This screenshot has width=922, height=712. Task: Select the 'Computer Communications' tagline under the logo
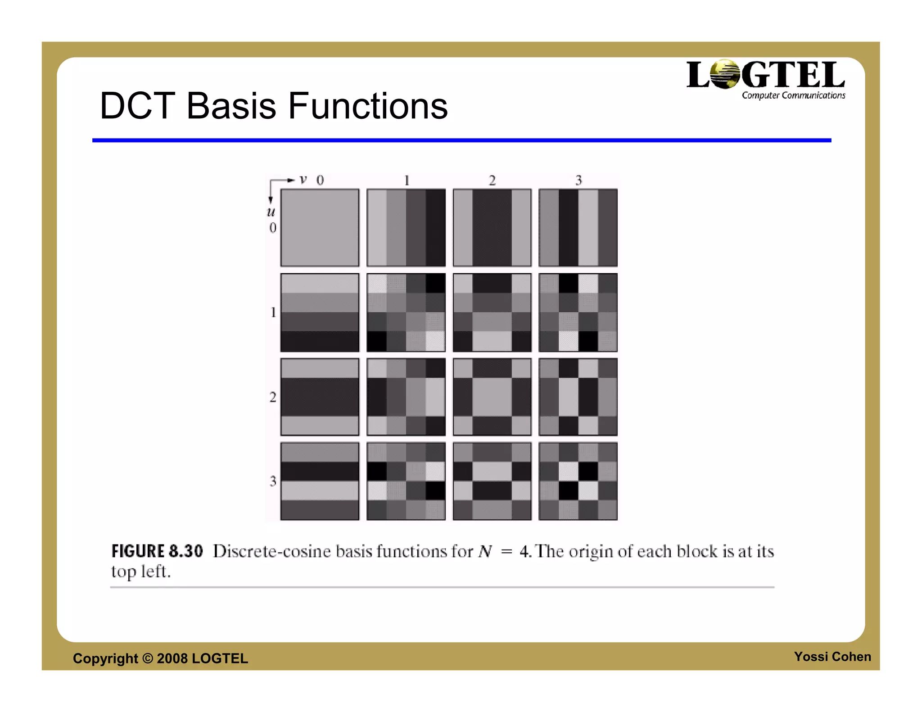tap(793, 95)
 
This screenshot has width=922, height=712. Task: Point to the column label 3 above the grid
tap(579, 180)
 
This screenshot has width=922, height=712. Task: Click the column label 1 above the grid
tap(407, 180)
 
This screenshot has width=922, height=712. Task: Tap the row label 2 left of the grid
tap(273, 397)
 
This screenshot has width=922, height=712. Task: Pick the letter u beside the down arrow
tap(271, 212)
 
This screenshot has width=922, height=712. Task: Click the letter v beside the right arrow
tap(303, 180)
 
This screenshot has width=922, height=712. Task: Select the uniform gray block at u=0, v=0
tap(320, 228)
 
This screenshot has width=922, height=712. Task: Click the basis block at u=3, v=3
tap(578, 481)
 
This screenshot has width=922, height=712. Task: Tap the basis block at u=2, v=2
tap(492, 397)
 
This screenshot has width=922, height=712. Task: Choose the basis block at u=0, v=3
tap(578, 228)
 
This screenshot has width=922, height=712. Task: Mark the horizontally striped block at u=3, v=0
tap(320, 481)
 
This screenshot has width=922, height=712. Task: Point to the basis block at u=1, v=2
tap(492, 312)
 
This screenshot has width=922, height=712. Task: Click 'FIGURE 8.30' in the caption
tap(157, 551)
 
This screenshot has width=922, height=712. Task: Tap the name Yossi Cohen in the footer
tap(832, 657)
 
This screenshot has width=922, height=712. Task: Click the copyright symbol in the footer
tap(148, 658)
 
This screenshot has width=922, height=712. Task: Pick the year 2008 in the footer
tap(172, 658)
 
